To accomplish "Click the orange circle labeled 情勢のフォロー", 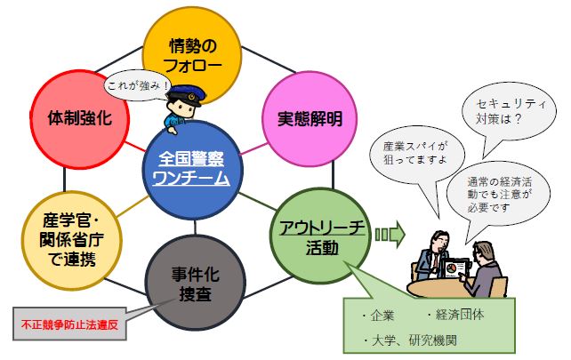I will [x=192, y=53].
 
